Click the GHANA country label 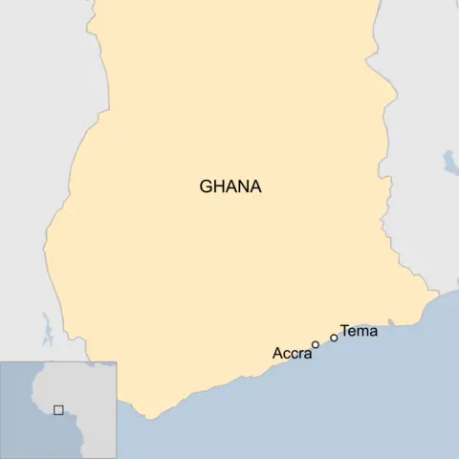[x=229, y=186]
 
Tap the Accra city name [x=292, y=354]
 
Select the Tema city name [x=359, y=332]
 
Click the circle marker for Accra [x=316, y=345]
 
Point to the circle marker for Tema [x=334, y=338]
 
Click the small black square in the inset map [x=58, y=409]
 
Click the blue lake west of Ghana [x=45, y=330]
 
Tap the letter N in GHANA [x=243, y=186]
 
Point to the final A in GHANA [x=255, y=186]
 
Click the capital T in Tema [x=344, y=332]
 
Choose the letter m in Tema [x=361, y=333]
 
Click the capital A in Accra [x=277, y=354]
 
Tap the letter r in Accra [x=300, y=355]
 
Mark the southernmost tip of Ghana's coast [x=148, y=417]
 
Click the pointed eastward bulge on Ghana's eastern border [x=394, y=96]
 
